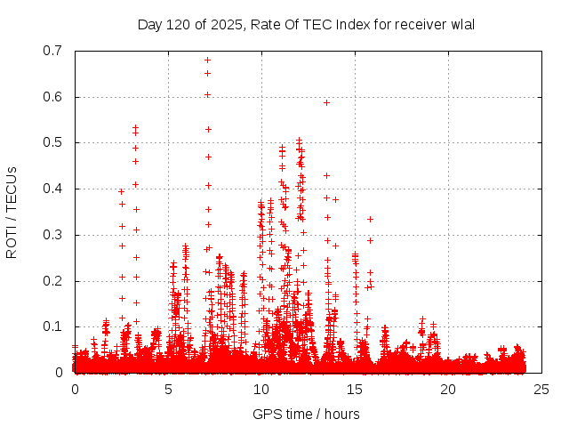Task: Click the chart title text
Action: (x=306, y=24)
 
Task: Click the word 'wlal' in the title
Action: (x=461, y=24)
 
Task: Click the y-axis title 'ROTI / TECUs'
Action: (x=12, y=212)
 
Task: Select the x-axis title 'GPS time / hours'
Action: (x=306, y=414)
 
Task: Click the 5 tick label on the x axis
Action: (x=168, y=390)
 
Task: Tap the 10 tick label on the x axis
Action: (x=261, y=390)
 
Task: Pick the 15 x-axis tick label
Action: (x=355, y=390)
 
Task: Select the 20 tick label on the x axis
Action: (x=448, y=390)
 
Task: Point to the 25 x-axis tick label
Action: (x=541, y=390)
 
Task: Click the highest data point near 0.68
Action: (x=207, y=60)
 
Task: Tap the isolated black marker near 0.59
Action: (x=326, y=102)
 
